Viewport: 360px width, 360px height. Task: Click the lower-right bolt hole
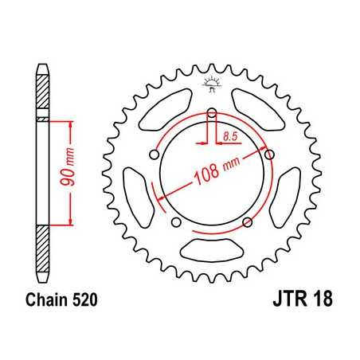click(x=248, y=221)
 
